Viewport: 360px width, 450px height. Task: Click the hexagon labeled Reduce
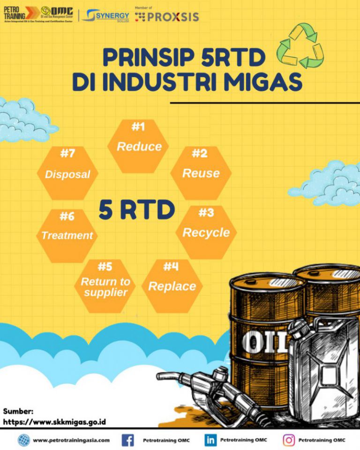point(139,146)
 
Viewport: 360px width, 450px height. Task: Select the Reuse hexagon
point(201,173)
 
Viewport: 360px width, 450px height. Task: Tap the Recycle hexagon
point(206,232)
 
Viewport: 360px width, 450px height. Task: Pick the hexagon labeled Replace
point(172,286)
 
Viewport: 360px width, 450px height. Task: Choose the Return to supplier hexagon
point(105,286)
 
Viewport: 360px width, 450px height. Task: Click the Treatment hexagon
point(67,235)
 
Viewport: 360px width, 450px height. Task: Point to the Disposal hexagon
point(67,174)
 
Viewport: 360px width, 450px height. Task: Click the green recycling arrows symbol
point(300,45)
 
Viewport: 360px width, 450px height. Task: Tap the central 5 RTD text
point(136,210)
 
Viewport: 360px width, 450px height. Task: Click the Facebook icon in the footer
point(127,440)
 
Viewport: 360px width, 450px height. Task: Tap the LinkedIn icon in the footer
point(210,440)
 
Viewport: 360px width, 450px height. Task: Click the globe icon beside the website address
point(23,440)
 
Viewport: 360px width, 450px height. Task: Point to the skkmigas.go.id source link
point(54,421)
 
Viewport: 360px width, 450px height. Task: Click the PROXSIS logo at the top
point(167,17)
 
